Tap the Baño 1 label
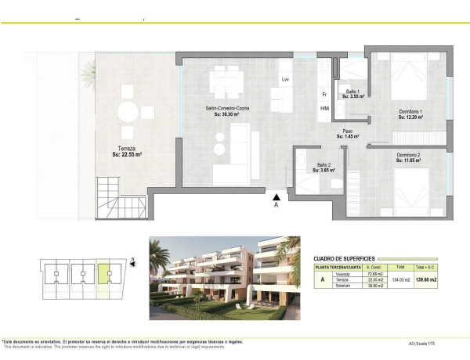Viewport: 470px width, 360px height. [x=352, y=92]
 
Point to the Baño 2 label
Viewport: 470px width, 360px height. [x=323, y=165]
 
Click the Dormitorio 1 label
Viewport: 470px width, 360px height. [x=409, y=113]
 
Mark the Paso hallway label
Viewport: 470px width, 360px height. [x=347, y=131]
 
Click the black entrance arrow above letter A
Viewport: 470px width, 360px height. [x=276, y=196]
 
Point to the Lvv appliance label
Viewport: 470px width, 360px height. [x=286, y=80]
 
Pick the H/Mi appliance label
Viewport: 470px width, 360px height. [x=324, y=108]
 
